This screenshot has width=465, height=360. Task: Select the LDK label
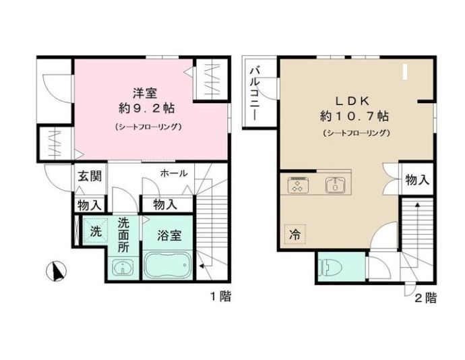pyautogui.click(x=354, y=99)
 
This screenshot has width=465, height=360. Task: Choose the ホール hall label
pyautogui.click(x=174, y=173)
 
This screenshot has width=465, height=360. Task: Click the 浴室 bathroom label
pyautogui.click(x=168, y=237)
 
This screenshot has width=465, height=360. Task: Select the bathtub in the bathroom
pyautogui.click(x=168, y=265)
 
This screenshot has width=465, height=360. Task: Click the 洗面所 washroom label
pyautogui.click(x=124, y=235)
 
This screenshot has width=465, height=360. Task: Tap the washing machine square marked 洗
pyautogui.click(x=94, y=230)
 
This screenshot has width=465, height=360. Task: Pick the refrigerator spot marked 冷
pyautogui.click(x=294, y=235)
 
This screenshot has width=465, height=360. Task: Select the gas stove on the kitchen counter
pyautogui.click(x=298, y=185)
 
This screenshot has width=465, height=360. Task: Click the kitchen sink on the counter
pyautogui.click(x=335, y=185)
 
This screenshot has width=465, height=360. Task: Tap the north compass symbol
pyautogui.click(x=57, y=271)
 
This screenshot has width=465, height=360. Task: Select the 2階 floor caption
pyautogui.click(x=425, y=297)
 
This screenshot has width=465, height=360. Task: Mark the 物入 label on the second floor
pyautogui.click(x=417, y=180)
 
